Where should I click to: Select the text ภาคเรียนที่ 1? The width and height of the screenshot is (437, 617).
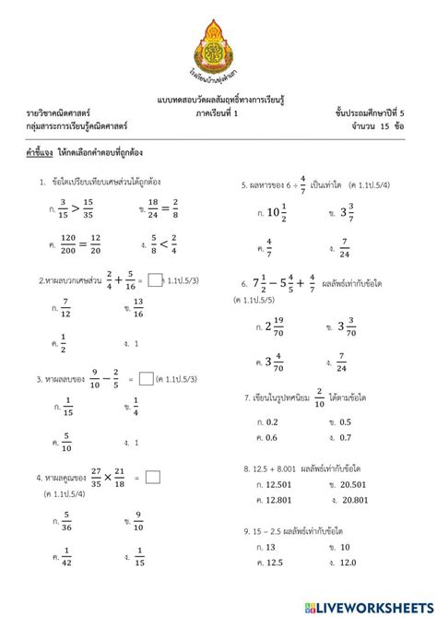(x=218, y=112)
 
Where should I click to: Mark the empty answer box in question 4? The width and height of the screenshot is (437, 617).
(x=153, y=477)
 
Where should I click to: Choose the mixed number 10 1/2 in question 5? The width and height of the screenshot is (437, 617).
(x=273, y=213)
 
